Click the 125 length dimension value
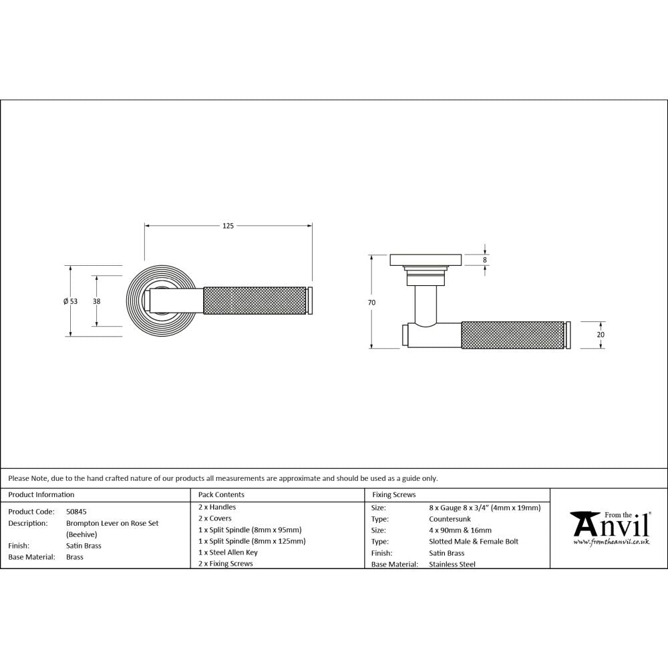(228, 226)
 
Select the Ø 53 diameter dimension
(70, 301)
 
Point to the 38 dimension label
(97, 301)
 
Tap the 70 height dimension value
(371, 303)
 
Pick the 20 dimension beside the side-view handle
(600, 335)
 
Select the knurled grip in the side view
(513, 335)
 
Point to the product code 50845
(76, 511)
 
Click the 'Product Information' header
(41, 495)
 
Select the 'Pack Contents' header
(222, 495)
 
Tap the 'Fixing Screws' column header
(393, 495)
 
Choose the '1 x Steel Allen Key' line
(228, 552)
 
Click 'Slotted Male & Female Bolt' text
(473, 541)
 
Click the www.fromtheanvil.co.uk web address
(611, 542)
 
